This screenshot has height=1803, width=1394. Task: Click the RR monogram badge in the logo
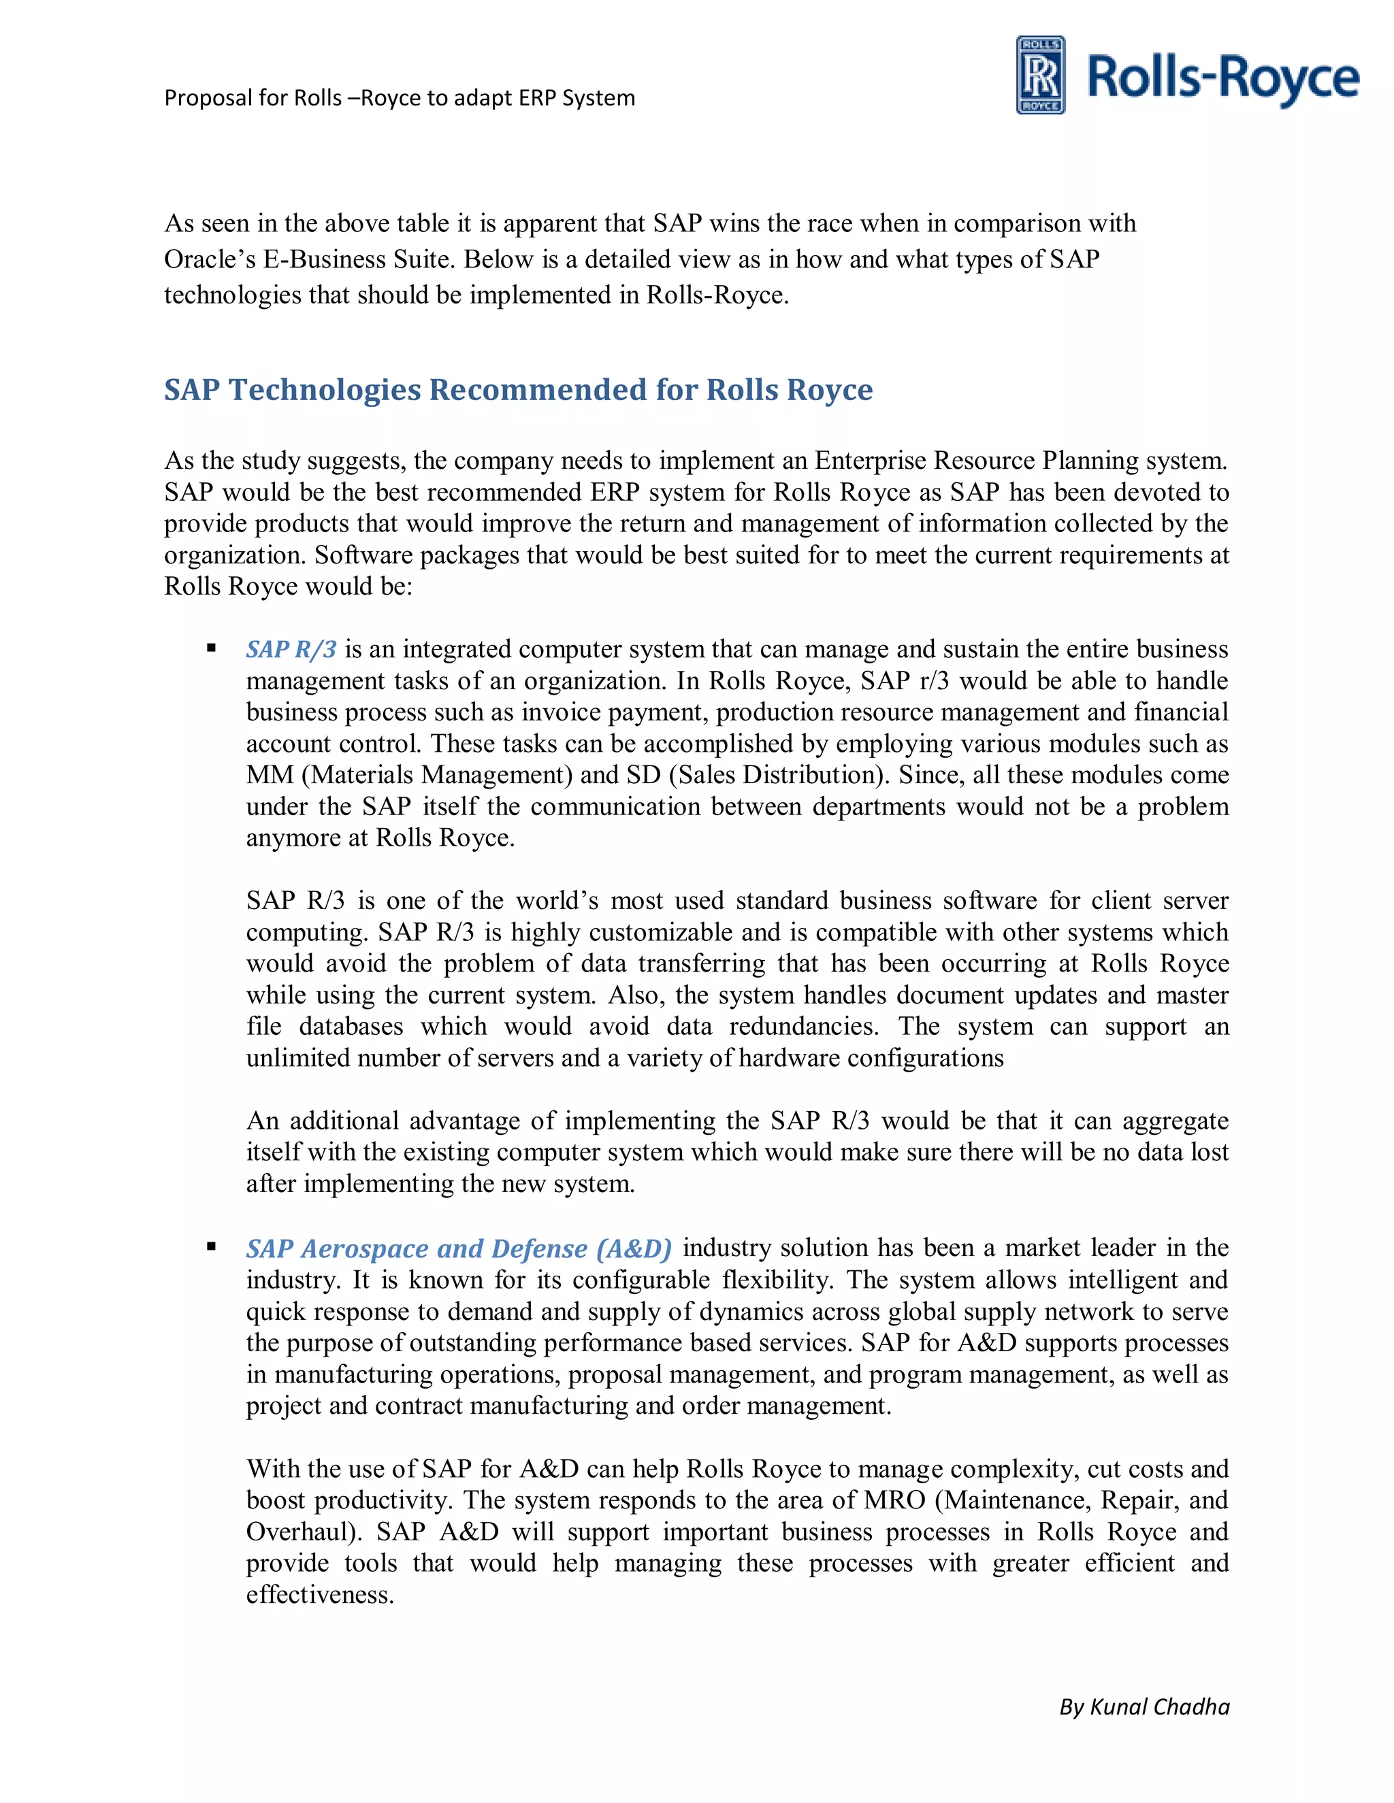tap(1040, 75)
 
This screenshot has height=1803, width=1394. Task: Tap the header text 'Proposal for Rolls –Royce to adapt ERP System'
tap(400, 98)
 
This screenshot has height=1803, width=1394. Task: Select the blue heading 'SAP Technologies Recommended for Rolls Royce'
tap(518, 390)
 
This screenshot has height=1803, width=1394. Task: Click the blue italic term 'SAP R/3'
tap(291, 650)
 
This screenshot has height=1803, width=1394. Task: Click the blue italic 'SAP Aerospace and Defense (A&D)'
tap(458, 1248)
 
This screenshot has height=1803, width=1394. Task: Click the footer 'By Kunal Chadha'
tap(1144, 1706)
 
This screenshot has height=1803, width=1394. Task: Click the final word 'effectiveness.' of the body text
tap(320, 1595)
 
